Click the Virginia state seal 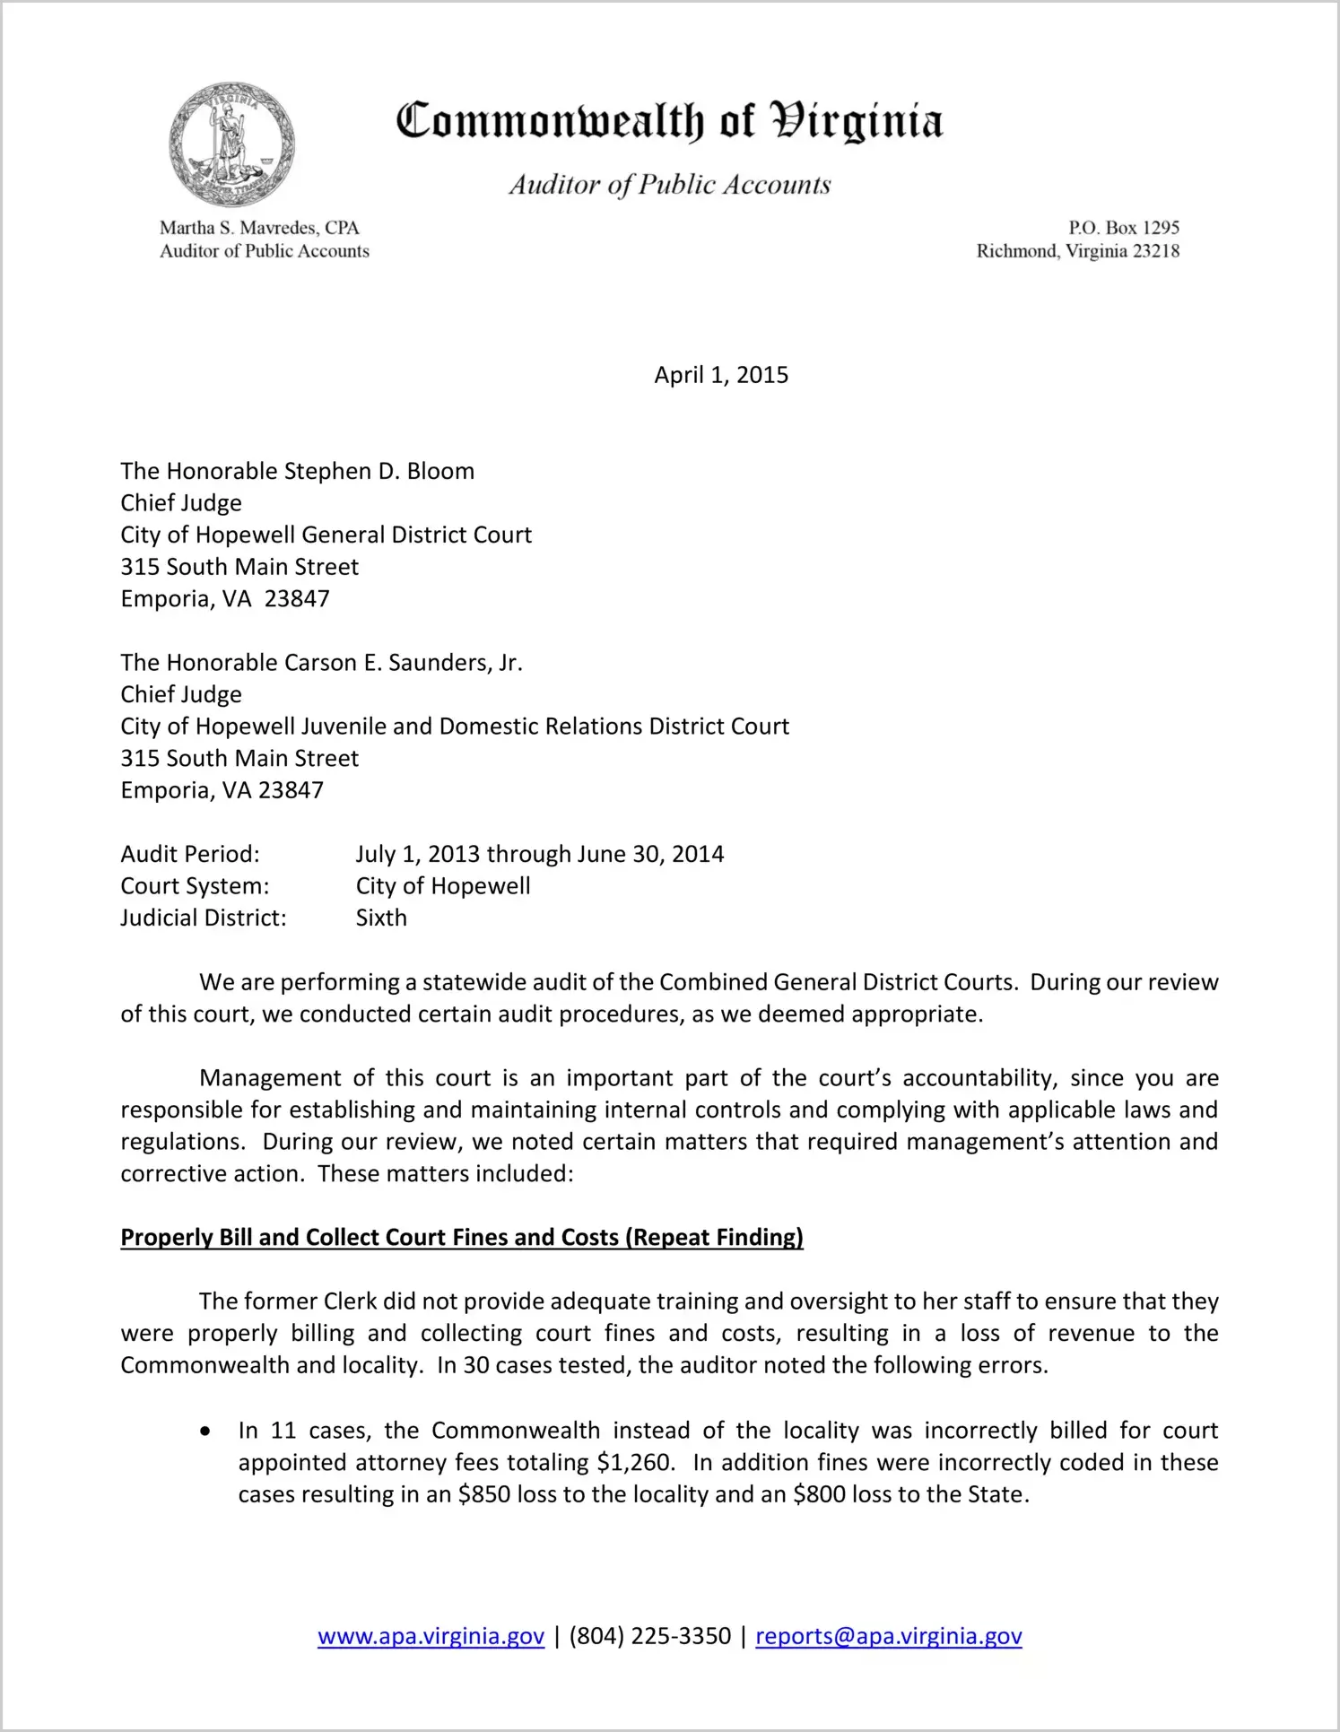(x=232, y=144)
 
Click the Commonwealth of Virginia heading (x=669, y=121)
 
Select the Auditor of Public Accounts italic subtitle (x=670, y=185)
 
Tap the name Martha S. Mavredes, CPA (x=259, y=228)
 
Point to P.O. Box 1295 (x=1123, y=228)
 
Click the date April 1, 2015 (x=721, y=375)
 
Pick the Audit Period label (x=190, y=854)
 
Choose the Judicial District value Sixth (x=381, y=918)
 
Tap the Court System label (x=195, y=886)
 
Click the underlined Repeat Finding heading (x=462, y=1238)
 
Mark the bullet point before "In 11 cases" (x=206, y=1432)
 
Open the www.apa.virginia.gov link (x=431, y=1636)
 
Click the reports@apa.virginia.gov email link (x=888, y=1636)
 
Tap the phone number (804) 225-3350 (x=649, y=1636)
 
